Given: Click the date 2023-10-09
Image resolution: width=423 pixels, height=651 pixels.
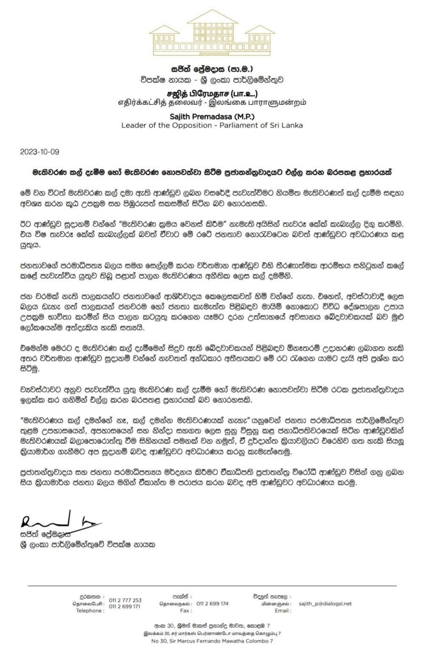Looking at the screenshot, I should (37, 151).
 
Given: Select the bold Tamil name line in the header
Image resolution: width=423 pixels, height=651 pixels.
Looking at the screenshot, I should (211, 94).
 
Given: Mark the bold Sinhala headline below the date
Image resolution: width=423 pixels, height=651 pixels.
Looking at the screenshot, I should (211, 173).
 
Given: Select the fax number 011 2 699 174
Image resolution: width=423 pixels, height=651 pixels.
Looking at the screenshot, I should (212, 604).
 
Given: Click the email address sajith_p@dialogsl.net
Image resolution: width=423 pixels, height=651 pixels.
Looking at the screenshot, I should (325, 604).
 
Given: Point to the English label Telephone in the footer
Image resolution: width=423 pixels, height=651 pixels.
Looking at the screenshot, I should (89, 611).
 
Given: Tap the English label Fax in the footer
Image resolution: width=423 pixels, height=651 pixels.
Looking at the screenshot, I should (184, 611).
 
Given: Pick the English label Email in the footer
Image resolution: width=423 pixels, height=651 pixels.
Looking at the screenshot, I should (282, 611).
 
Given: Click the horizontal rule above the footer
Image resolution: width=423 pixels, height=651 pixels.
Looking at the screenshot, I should (211, 585).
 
